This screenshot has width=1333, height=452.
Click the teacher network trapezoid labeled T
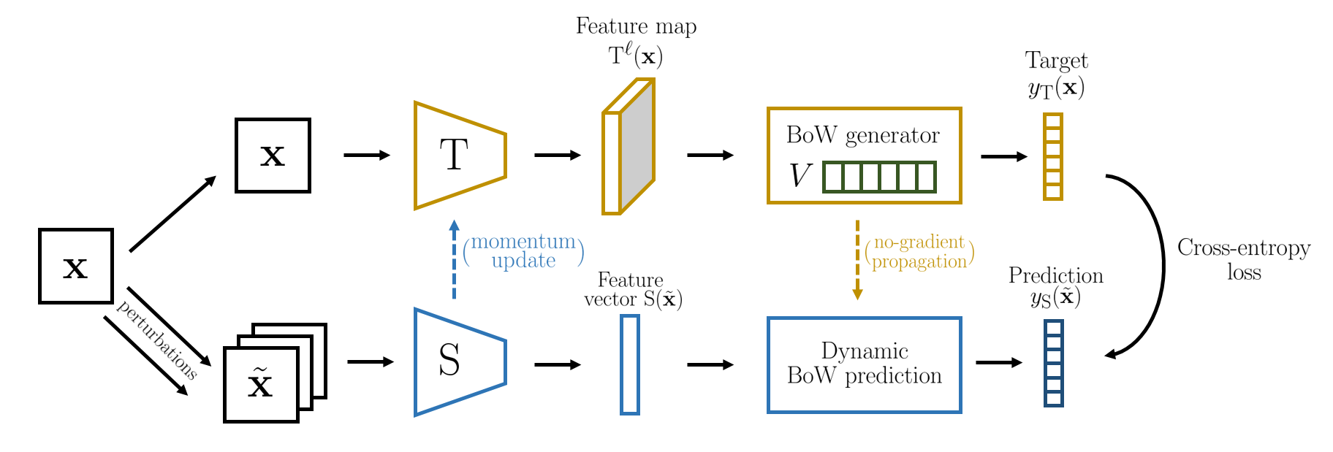[x=460, y=156]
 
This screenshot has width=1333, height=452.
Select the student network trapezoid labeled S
[x=460, y=362]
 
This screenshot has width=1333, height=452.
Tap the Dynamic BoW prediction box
[x=864, y=365]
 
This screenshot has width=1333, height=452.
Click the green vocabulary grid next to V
[x=879, y=177]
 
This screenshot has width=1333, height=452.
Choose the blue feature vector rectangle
[x=630, y=365]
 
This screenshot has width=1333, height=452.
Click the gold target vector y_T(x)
[x=1052, y=156]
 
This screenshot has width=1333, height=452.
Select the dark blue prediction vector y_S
[x=1053, y=363]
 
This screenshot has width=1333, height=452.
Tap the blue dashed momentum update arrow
[x=454, y=259]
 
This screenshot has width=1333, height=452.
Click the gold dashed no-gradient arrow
[x=857, y=260]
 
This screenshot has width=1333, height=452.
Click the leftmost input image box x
[x=76, y=266]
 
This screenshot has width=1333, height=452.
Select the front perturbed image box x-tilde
[x=261, y=385]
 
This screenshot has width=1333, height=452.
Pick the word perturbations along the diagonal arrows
[x=156, y=340]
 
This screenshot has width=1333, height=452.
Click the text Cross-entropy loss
[x=1244, y=260]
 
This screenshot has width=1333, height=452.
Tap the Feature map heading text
[x=636, y=26]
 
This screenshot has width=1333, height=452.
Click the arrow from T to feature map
[x=558, y=155]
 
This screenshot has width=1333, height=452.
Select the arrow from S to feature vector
[x=558, y=364]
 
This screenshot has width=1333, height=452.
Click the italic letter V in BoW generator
[x=800, y=176]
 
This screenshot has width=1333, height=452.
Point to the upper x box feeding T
[x=273, y=156]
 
